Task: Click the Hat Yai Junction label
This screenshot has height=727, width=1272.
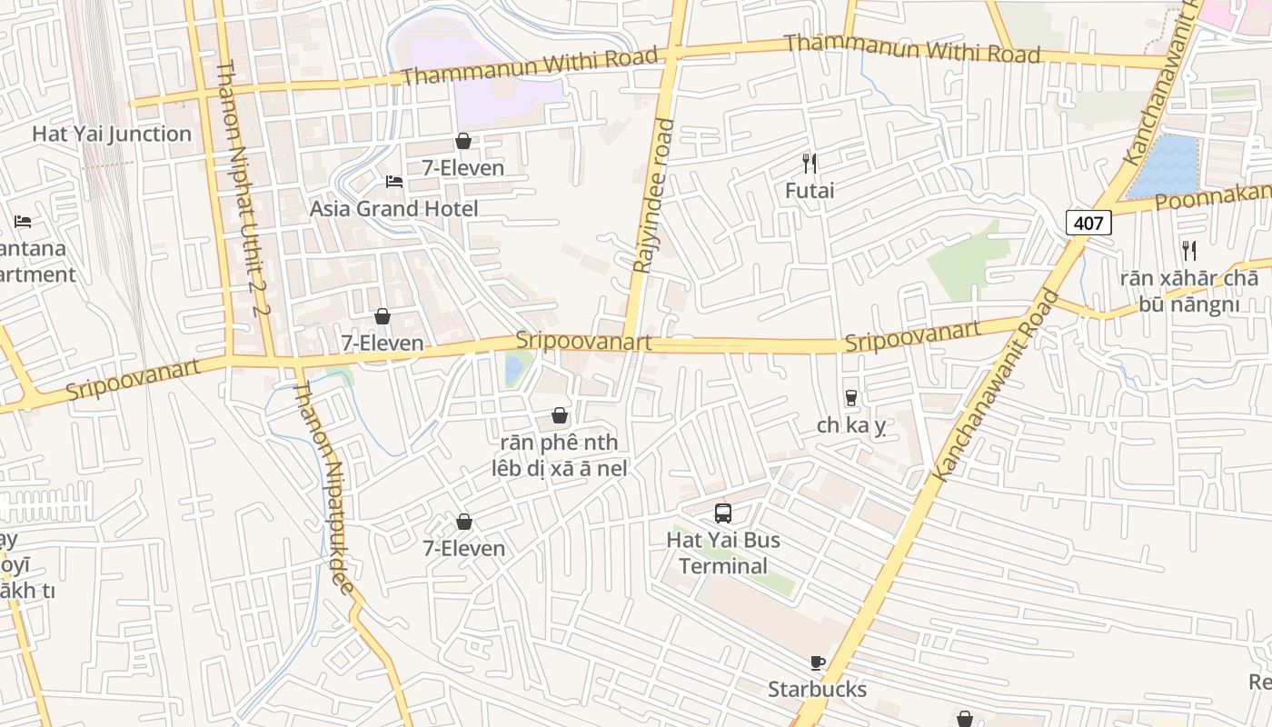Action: click(x=112, y=134)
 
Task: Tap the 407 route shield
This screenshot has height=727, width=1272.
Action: click(x=1088, y=223)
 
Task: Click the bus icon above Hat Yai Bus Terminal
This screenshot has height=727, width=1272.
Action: click(x=723, y=513)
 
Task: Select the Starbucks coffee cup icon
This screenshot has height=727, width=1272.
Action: click(x=817, y=662)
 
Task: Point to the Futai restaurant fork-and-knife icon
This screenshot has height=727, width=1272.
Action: click(x=810, y=164)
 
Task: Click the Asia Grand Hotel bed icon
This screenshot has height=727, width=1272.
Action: click(x=393, y=181)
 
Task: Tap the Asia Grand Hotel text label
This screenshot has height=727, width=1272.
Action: click(x=393, y=209)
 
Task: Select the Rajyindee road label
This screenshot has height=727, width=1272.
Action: click(x=654, y=195)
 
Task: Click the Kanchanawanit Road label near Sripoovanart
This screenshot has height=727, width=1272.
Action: click(x=997, y=386)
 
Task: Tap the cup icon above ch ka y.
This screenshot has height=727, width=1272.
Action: click(x=850, y=397)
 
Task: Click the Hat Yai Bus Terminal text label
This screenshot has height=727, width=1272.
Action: click(x=723, y=553)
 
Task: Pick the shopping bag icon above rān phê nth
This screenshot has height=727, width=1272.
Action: click(x=560, y=415)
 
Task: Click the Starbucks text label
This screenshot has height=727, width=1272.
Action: click(x=817, y=690)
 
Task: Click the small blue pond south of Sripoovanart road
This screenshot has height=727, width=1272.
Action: click(x=514, y=368)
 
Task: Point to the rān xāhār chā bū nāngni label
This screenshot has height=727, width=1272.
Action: click(x=1188, y=291)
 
